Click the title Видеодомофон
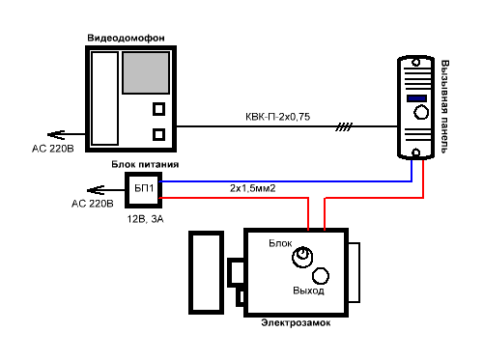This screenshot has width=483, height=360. [x=126, y=38]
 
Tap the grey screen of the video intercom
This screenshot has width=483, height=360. [x=146, y=73]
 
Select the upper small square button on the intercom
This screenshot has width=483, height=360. [x=158, y=109]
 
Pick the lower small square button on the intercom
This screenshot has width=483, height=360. [x=158, y=134]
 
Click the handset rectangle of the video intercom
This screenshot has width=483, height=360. [x=105, y=98]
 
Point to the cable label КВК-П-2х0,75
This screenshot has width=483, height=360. [x=277, y=117]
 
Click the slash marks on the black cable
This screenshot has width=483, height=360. [x=344, y=126]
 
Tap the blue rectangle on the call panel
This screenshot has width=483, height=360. [x=416, y=98]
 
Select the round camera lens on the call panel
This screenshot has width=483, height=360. [x=421, y=113]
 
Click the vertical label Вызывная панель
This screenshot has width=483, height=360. [x=444, y=106]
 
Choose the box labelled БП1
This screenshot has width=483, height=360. [x=144, y=190]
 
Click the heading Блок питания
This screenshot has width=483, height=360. [x=145, y=164]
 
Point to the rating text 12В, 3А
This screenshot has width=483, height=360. [x=145, y=219]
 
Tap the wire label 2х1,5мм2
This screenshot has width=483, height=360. [x=253, y=188]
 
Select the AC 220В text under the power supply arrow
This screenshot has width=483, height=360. [x=93, y=204]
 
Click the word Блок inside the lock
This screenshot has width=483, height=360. [x=280, y=243]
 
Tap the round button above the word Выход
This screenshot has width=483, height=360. [x=321, y=276]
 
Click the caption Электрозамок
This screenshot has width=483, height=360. [x=296, y=322]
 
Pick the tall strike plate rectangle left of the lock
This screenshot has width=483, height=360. [x=206, y=272]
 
